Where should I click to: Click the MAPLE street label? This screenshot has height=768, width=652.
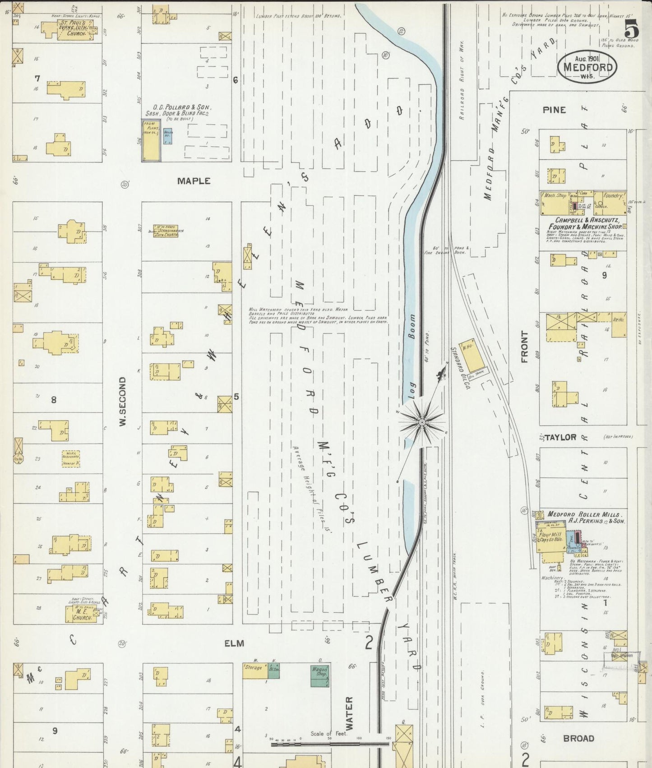point(194,181)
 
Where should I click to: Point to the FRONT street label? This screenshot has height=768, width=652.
point(524,347)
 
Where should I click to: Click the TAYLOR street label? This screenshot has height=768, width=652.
point(560,437)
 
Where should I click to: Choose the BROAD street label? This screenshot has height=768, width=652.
point(578,738)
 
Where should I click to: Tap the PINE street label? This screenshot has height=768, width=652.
point(555,110)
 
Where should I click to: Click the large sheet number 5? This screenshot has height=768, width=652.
point(632,30)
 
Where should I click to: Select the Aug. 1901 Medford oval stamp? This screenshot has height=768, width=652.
point(587,67)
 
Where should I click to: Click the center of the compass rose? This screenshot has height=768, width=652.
point(421,422)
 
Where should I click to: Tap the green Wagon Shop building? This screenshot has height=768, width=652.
point(320,675)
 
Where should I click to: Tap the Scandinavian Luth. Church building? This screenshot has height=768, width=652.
point(165,231)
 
